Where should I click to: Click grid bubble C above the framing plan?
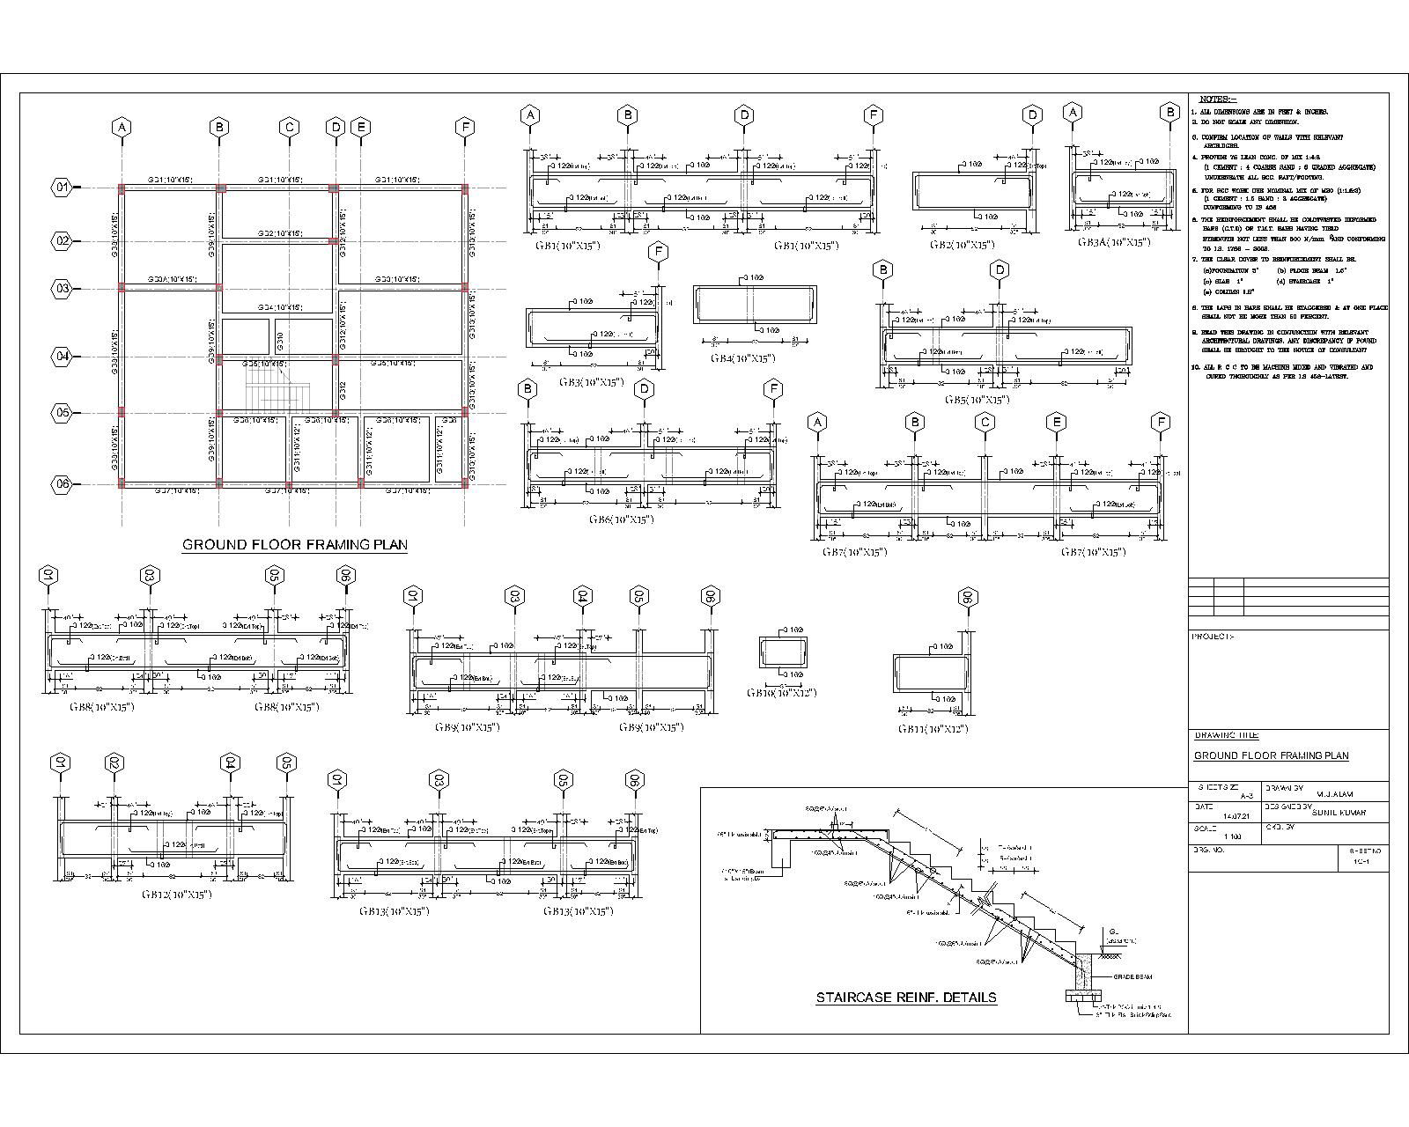pos(289,128)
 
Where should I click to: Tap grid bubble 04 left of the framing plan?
pos(62,357)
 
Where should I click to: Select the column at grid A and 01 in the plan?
pos(122,188)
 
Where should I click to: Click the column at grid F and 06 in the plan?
pos(465,482)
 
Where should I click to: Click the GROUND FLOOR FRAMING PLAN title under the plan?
pos(294,545)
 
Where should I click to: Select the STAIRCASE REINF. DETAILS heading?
pos(906,998)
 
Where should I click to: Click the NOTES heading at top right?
pos(1217,99)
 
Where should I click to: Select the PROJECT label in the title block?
pos(1212,637)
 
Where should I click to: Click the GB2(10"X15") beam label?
pos(962,245)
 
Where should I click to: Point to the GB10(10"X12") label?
pos(781,693)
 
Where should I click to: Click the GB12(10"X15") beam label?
pos(177,894)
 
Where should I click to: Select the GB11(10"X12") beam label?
pos(933,729)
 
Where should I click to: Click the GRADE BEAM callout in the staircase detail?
pos(1132,976)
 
